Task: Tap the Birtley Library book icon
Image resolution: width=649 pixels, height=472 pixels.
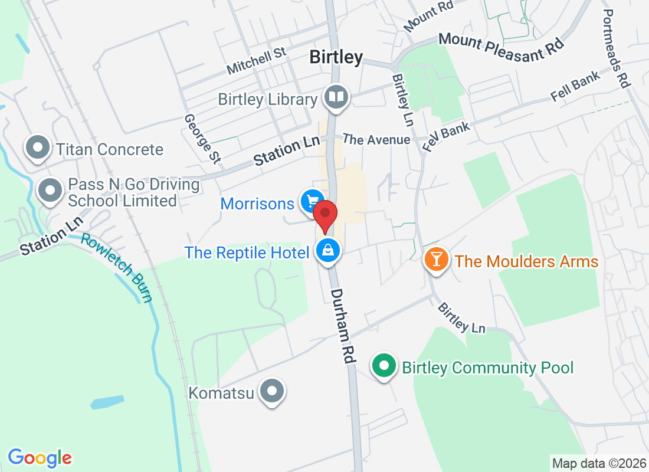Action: (337, 97)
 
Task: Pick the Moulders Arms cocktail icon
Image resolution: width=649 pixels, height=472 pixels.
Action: (437, 260)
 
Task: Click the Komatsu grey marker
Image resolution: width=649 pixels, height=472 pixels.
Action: (273, 391)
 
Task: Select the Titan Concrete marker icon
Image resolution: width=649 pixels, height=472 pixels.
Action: (39, 147)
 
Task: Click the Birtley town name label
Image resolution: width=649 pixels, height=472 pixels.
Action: (336, 57)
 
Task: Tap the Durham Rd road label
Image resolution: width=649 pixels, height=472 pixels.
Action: (342, 329)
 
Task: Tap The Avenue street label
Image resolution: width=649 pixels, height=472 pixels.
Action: (376, 140)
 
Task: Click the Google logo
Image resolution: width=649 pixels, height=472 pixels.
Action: (40, 457)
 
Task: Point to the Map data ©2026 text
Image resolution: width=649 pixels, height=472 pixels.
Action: (598, 463)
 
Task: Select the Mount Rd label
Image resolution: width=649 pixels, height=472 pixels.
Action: (428, 18)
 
